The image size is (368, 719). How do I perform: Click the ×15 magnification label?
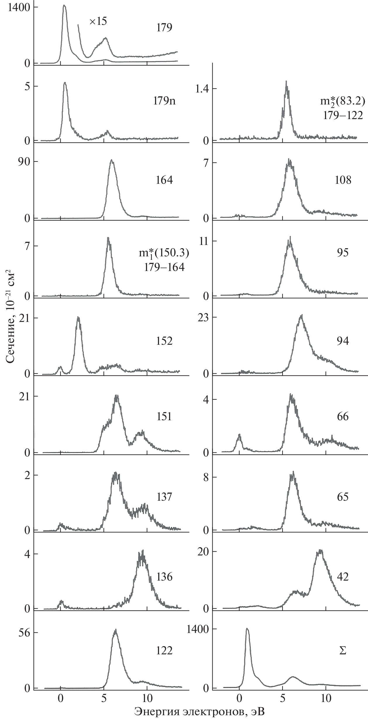[x=98, y=21]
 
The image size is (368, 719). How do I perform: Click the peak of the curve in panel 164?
[x=111, y=160]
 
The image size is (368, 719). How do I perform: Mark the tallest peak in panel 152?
[x=78, y=318]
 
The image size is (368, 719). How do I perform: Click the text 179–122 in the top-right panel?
[x=343, y=116]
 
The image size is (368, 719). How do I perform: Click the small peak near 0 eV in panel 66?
[x=240, y=435]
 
